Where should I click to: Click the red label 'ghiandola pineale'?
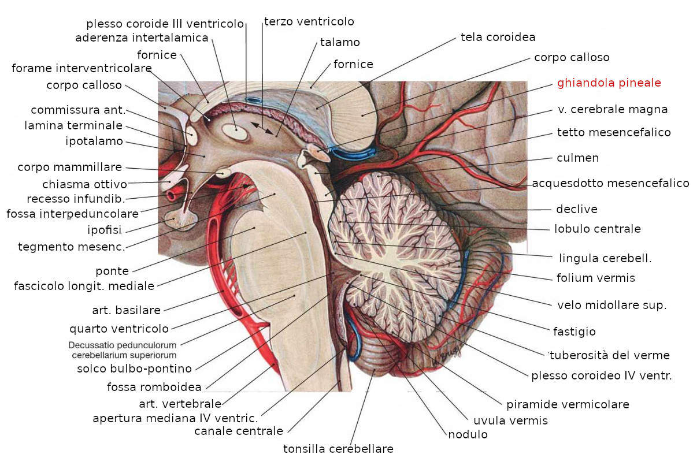[x=609, y=83]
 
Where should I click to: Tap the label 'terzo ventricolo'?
[x=309, y=21]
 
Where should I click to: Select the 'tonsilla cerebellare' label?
[x=338, y=449]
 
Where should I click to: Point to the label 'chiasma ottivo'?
[x=84, y=185]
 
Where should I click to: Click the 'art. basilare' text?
[x=126, y=310]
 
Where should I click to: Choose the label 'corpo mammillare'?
[x=69, y=167]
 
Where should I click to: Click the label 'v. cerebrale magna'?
[x=613, y=109]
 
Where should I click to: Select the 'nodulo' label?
[x=468, y=434]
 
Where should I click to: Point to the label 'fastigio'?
[x=574, y=332]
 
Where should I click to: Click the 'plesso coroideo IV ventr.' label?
[x=602, y=376]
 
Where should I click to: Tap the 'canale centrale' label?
[x=239, y=431]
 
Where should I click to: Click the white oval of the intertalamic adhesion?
[x=236, y=131]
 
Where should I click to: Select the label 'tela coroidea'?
[x=498, y=37]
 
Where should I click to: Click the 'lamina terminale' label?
[x=73, y=125]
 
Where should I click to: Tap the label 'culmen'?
[x=577, y=158]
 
